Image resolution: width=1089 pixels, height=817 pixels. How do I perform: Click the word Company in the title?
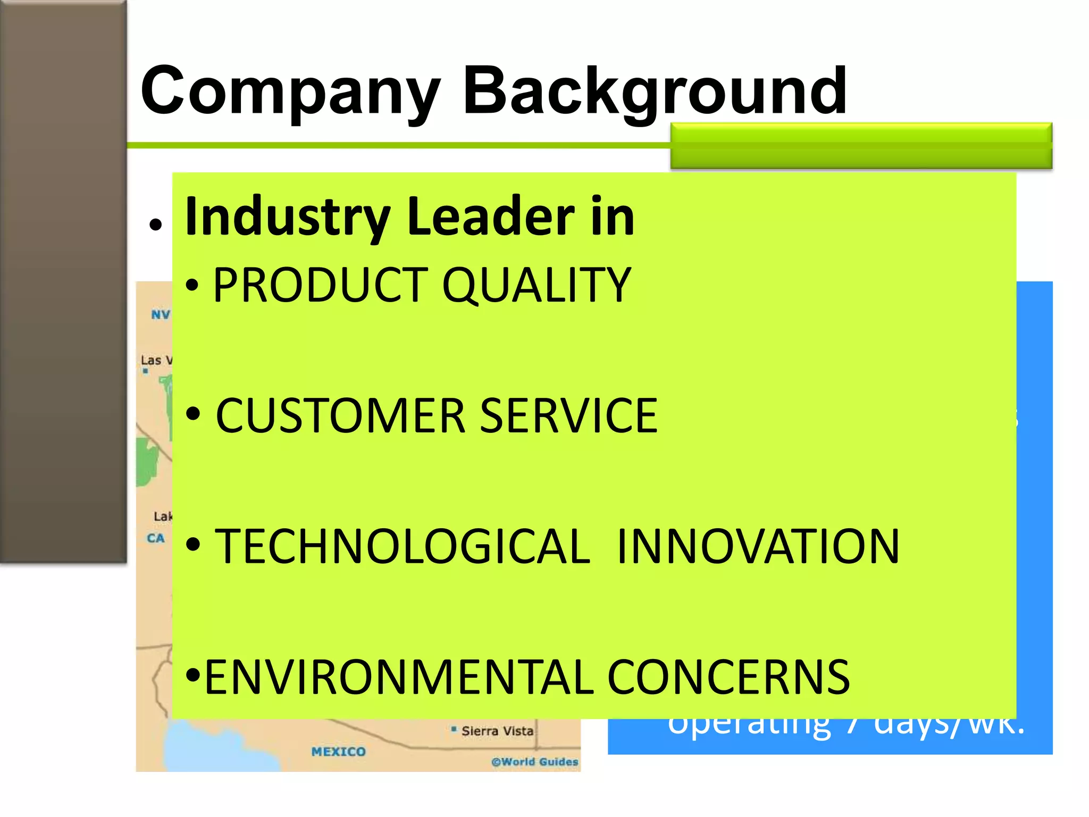point(290,91)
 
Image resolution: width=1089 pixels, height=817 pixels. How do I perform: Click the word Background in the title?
point(655,91)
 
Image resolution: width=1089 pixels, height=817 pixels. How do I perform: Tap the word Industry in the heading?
point(288,216)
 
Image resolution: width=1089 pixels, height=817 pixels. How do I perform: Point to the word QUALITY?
point(537,286)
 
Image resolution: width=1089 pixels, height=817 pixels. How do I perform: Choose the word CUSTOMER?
point(341,416)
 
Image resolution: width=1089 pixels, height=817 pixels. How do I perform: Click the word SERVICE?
point(569,416)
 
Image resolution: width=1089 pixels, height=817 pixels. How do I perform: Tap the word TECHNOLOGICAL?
point(403,547)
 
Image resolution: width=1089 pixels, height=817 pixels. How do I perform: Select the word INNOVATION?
point(758,547)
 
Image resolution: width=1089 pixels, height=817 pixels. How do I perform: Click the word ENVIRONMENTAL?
point(399,677)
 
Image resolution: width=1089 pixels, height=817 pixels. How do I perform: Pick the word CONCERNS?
point(728,677)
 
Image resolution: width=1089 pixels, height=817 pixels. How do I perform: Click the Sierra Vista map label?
point(497,731)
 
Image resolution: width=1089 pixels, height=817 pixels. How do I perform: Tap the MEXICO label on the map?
point(339,752)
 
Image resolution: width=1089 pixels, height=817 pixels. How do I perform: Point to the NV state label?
point(160,315)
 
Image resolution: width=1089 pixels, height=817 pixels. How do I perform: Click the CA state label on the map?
point(156,538)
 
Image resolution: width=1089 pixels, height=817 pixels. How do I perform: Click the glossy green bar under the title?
point(861,146)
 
